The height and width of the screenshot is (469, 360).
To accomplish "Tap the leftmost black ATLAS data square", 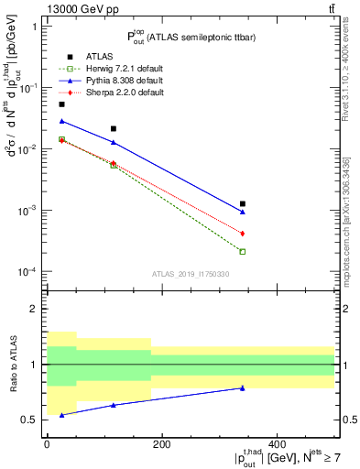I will [x=62, y=104].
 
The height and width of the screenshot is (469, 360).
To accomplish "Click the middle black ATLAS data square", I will [x=114, y=128].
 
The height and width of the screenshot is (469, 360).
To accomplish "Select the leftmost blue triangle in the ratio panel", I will [x=62, y=415].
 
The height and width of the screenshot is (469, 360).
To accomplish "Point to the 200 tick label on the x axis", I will [x=161, y=444].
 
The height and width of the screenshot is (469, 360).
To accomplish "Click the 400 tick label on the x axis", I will [x=276, y=444].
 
